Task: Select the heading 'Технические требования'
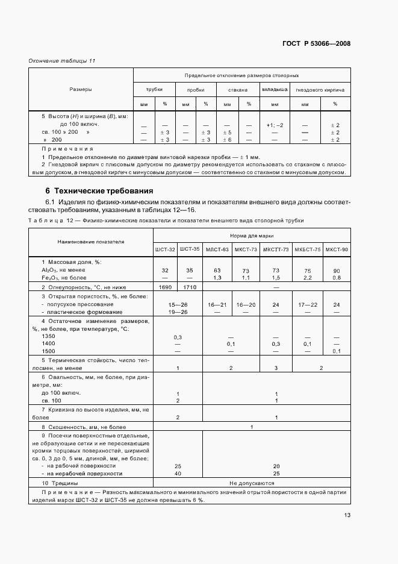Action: (90, 191)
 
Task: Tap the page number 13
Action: (347, 515)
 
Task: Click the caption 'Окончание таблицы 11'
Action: (62, 61)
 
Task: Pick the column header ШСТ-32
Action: (165, 249)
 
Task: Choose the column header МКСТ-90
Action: (336, 249)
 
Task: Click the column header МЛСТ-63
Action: (217, 249)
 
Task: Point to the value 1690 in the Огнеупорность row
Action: (165, 287)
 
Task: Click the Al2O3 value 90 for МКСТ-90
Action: (336, 271)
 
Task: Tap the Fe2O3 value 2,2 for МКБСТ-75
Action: (308, 278)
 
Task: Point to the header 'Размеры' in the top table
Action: (81, 89)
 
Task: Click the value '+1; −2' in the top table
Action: (275, 125)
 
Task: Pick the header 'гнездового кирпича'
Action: (320, 90)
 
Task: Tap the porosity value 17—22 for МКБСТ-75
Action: (308, 305)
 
